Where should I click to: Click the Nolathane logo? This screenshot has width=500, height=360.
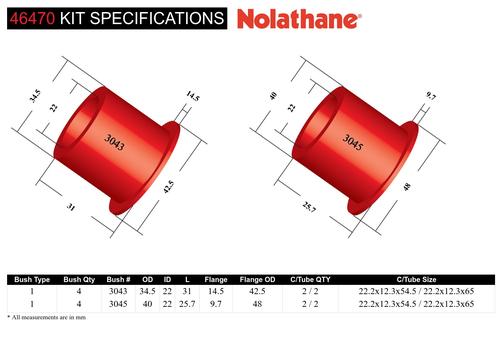point(299,19)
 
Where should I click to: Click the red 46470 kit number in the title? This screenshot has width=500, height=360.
point(32,18)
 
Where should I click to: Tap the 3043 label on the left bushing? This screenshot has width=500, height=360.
point(115,142)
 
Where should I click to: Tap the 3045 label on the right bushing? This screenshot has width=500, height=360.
point(353,142)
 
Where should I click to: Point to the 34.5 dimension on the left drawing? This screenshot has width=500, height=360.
point(35,96)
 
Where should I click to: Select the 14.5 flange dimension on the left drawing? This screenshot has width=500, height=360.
point(193,96)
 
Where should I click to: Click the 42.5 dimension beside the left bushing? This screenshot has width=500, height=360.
point(168,187)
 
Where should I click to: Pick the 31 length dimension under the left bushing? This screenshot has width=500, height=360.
point(71,207)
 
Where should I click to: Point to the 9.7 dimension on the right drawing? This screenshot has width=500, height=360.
point(431,96)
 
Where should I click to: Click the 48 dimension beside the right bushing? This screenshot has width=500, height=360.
point(407,187)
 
